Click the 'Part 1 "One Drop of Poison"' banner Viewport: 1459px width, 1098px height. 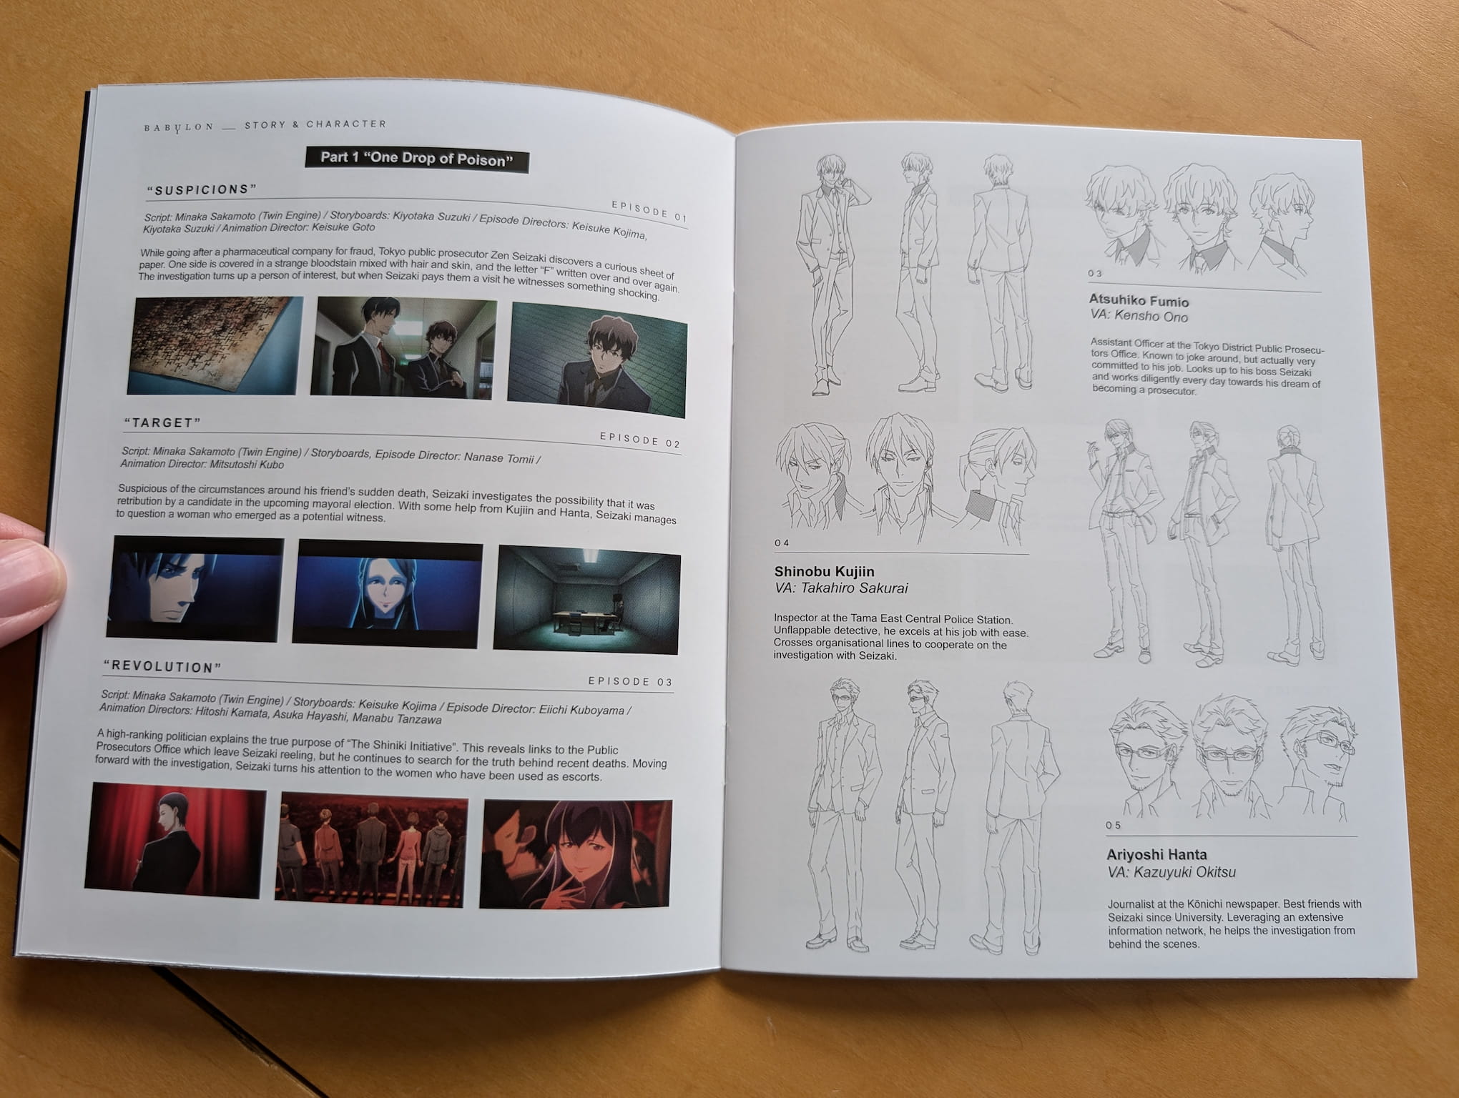(x=417, y=159)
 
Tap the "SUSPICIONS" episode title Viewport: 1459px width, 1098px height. (x=202, y=190)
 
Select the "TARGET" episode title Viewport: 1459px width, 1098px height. (x=163, y=422)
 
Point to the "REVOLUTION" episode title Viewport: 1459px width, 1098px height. (x=162, y=667)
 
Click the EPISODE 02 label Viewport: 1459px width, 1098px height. (x=639, y=440)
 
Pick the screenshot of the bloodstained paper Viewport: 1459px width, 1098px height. (x=215, y=345)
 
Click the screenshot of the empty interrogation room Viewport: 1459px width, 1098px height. (x=586, y=600)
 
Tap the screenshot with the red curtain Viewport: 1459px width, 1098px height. (x=175, y=839)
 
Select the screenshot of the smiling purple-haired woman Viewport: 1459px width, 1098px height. (x=576, y=854)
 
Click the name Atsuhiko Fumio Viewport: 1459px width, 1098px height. (x=1139, y=301)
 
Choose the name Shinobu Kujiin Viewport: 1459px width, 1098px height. (x=824, y=572)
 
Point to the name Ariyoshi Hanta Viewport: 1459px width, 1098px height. (x=1156, y=854)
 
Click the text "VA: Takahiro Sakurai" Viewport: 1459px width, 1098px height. (x=841, y=588)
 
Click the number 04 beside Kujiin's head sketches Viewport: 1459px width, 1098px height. (x=782, y=543)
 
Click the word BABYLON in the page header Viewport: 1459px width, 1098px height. (x=179, y=127)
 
